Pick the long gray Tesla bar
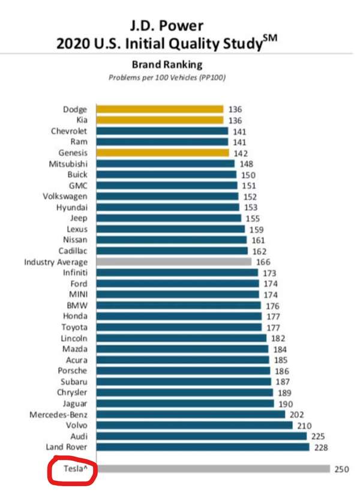click(x=213, y=469)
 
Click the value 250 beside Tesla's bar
click(x=341, y=469)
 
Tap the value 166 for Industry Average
click(x=263, y=262)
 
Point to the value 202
click(x=296, y=414)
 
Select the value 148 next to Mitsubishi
click(x=246, y=163)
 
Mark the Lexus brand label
click(x=77, y=229)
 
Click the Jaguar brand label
click(x=74, y=403)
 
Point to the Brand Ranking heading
click(x=167, y=65)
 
